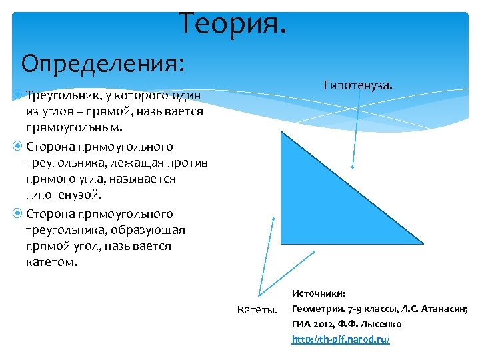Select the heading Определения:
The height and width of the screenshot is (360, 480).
point(103,64)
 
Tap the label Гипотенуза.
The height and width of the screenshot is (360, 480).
point(358,85)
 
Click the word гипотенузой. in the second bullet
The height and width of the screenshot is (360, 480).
point(64,195)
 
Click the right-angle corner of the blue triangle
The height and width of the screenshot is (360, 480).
point(283,243)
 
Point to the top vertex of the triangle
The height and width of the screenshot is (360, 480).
point(282,132)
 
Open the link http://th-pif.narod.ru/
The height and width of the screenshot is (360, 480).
point(341,339)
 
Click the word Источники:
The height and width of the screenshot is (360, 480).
point(319,293)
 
